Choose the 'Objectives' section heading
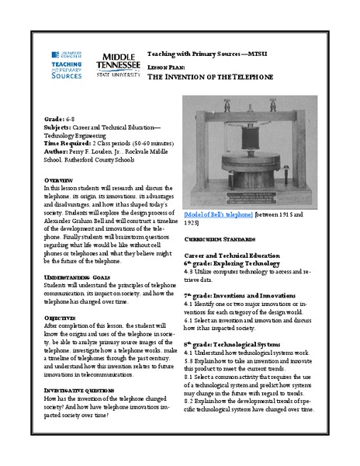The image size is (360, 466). tap(63, 318)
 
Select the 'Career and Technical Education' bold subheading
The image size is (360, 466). tap(231, 255)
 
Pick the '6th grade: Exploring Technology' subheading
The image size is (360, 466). tap(230, 263)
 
